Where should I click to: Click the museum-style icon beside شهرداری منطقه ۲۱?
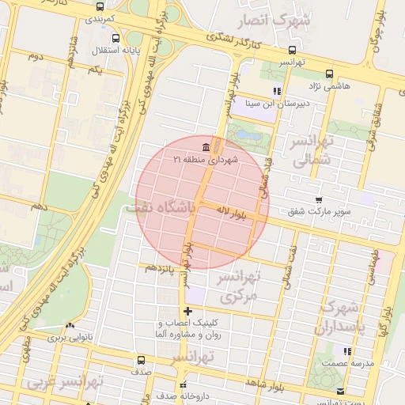pyautogui.click(x=206, y=147)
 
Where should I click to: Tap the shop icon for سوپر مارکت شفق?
pyautogui.click(x=319, y=200)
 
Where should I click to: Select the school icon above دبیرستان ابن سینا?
pyautogui.click(x=276, y=92)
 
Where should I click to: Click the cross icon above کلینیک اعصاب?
pyautogui.click(x=187, y=311)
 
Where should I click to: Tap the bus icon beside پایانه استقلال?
pyautogui.click(x=116, y=38)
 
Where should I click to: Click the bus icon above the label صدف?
pyautogui.click(x=141, y=361)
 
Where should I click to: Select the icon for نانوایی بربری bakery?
pyautogui.click(x=71, y=325)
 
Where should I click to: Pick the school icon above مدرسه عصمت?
pyautogui.click(x=347, y=350)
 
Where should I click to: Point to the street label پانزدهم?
pyautogui.click(x=161, y=267)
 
